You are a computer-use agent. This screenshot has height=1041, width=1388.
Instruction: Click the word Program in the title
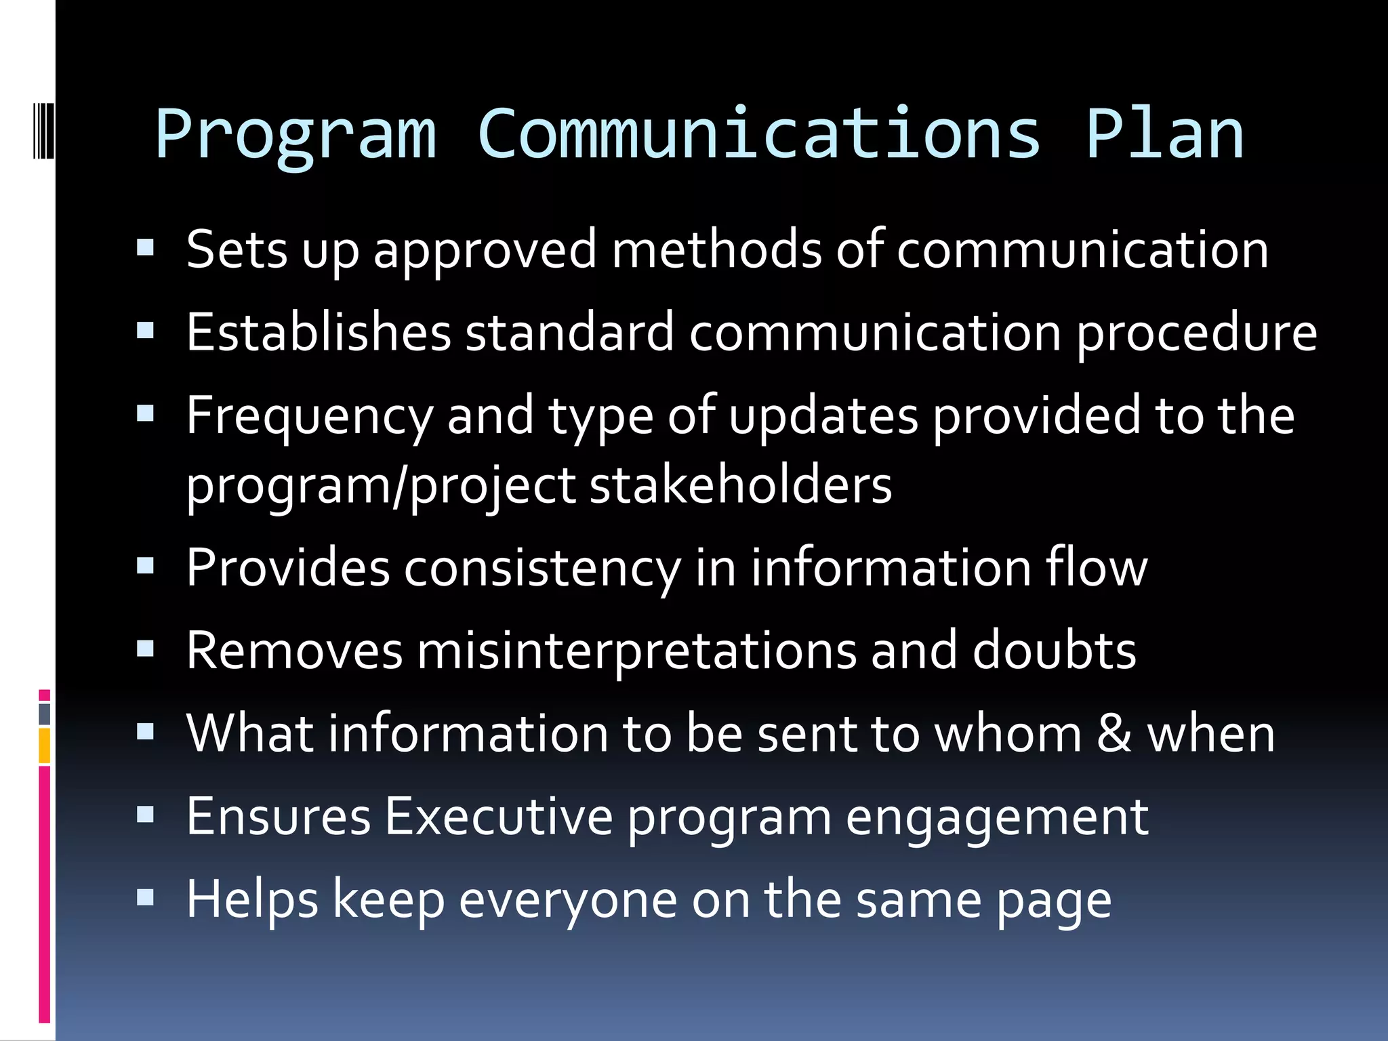295,136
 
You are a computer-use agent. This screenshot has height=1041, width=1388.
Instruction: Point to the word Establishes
319,333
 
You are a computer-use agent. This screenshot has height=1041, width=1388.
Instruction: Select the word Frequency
310,417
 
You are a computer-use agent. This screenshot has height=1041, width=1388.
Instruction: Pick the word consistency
542,569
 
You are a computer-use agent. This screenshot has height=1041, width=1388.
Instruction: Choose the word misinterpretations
636,651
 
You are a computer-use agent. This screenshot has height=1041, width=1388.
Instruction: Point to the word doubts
1054,651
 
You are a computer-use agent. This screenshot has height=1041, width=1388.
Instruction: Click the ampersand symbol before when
1114,733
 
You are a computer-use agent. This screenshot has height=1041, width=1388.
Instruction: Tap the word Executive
498,817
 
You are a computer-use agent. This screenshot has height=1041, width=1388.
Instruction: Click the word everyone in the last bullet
568,900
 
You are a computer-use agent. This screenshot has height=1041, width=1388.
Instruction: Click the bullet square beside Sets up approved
146,247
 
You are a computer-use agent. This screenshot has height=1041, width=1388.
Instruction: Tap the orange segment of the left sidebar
45,746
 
